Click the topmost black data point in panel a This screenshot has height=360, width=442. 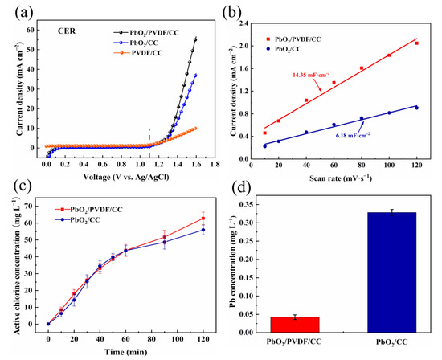pyautogui.click(x=195, y=39)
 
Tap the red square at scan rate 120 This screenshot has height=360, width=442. pyautogui.click(x=416, y=43)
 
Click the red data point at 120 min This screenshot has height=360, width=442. pyautogui.click(x=203, y=219)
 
